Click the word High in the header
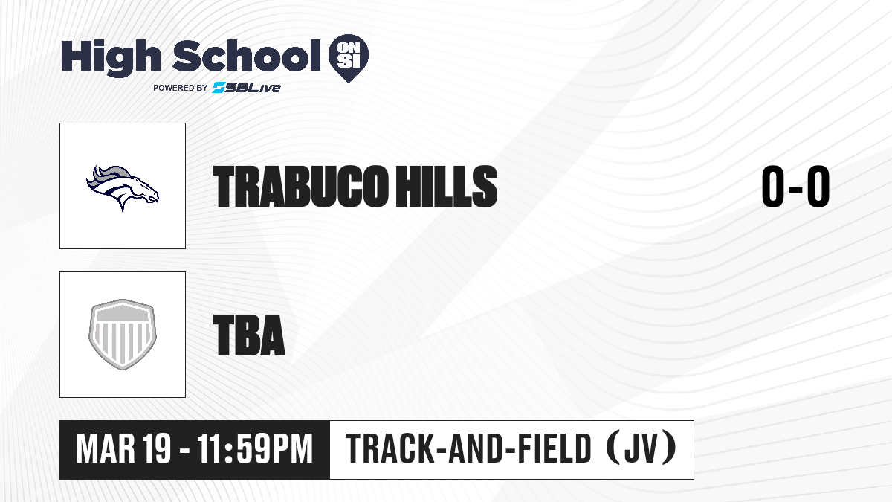click(x=111, y=58)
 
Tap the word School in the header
click(x=247, y=56)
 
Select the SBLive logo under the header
click(x=246, y=88)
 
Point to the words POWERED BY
click(x=181, y=88)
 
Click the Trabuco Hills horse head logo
click(x=123, y=188)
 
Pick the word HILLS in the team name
click(x=447, y=187)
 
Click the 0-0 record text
click(x=795, y=187)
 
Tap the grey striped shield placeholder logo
click(x=123, y=335)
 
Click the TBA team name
click(x=249, y=335)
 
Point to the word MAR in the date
click(x=106, y=449)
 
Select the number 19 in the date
click(x=157, y=449)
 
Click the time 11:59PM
click(x=255, y=449)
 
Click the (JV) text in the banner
click(x=641, y=448)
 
